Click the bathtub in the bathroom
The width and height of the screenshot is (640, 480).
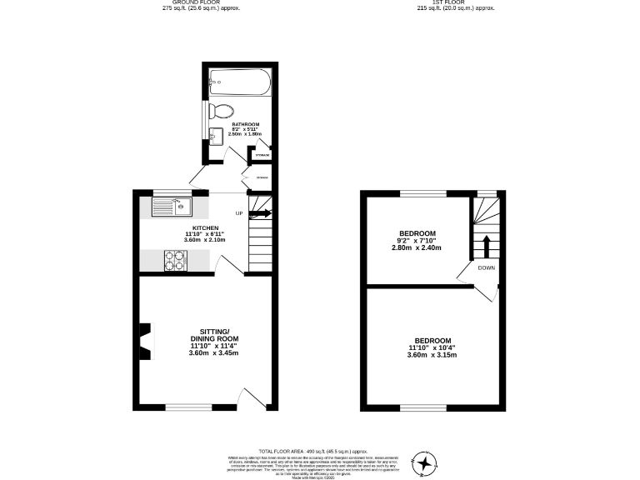point(239,81)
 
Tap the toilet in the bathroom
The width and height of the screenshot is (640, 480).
point(222,111)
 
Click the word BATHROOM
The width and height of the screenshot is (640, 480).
point(246,124)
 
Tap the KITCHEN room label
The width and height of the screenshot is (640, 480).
point(205,227)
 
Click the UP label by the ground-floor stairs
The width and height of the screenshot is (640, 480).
point(239,214)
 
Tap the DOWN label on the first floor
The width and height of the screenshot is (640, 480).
point(486,267)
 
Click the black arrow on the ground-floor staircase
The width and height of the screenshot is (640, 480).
point(261,214)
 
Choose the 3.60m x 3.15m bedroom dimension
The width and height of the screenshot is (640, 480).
point(432,355)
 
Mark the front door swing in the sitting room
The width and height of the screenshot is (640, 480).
point(249,398)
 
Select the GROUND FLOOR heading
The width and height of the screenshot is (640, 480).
point(184,2)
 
